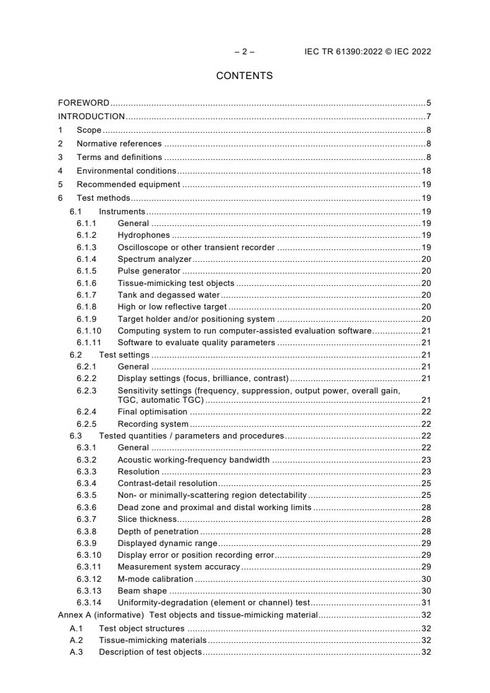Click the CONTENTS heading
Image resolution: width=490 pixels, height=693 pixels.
pos(244,76)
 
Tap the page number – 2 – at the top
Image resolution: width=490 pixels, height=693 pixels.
pos(245,52)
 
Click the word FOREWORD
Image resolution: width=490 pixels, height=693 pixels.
pos(83,103)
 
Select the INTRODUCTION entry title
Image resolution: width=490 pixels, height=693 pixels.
pos(91,116)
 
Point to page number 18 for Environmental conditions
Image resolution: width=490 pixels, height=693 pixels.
pos(426,170)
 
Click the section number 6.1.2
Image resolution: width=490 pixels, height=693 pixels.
pos(87,235)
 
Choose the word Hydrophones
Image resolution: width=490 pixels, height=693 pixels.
pos(143,235)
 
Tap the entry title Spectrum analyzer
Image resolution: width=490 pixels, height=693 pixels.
pos(154,259)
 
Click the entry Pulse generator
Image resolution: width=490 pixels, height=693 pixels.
pos(149,271)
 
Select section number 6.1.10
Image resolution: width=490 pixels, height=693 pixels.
pos(88,330)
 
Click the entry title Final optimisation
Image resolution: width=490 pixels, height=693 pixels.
pos(152,411)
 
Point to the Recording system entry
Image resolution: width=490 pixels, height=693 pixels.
pos(153,424)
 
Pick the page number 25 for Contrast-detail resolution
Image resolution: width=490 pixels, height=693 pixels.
pos(426,483)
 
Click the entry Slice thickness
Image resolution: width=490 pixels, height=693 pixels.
pos(146,519)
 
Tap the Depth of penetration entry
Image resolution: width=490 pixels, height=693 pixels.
pos(158,531)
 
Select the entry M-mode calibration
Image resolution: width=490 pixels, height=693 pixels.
pos(155,579)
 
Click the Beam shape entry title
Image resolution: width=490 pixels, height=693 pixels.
pos(142,590)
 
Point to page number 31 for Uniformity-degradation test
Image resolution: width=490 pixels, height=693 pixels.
pos(426,602)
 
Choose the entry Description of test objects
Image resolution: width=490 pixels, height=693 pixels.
pos(150,652)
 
